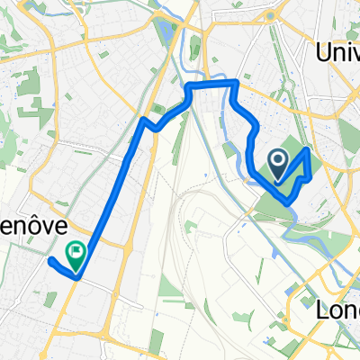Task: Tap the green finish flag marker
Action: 76,256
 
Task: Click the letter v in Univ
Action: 355,55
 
